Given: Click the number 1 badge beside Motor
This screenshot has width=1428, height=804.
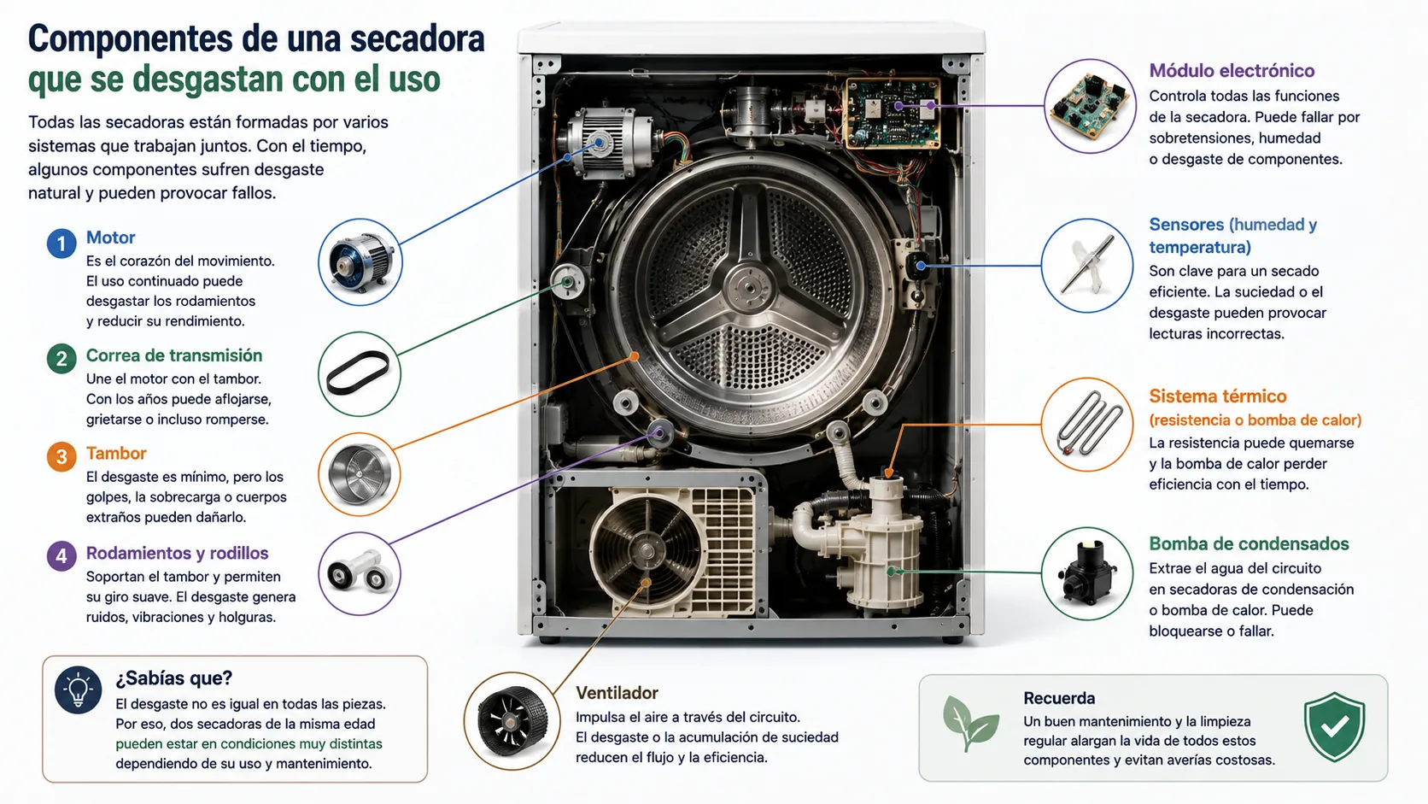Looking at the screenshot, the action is (x=61, y=244).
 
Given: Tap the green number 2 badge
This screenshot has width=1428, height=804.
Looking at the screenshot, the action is (x=61, y=359).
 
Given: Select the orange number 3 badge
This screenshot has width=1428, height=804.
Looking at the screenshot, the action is (x=61, y=456).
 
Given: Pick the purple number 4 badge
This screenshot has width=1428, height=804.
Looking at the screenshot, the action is (x=61, y=556).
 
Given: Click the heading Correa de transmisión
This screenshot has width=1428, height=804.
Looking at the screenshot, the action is (x=174, y=355).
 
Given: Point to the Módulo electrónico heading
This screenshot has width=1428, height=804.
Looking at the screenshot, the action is (x=1232, y=71).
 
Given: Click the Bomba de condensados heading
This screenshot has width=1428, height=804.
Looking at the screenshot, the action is (x=1249, y=544).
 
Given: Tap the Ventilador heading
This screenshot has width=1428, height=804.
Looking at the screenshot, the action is (x=617, y=693).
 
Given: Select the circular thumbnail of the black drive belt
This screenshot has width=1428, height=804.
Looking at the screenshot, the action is (x=360, y=374).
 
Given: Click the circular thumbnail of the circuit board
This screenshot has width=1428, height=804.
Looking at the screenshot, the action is (x=1090, y=107).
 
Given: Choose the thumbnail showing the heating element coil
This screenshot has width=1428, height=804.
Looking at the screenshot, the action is (x=1087, y=425).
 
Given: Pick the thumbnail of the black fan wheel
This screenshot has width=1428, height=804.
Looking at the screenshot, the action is (x=512, y=721).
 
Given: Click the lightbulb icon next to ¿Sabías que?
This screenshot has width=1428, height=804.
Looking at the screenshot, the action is (x=78, y=690).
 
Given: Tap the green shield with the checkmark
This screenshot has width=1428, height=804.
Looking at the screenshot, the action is (x=1334, y=727).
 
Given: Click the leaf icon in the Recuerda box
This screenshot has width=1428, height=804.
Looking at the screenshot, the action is (x=969, y=724).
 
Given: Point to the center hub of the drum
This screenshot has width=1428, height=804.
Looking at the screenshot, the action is (x=750, y=288).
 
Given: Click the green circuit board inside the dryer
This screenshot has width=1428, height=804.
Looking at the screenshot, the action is (x=892, y=114).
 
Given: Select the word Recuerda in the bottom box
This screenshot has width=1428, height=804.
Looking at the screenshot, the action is (x=1059, y=698).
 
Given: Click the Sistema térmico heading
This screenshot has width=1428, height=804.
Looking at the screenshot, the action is (x=1218, y=396).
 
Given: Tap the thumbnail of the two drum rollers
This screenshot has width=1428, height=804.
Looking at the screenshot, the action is (x=360, y=574).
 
